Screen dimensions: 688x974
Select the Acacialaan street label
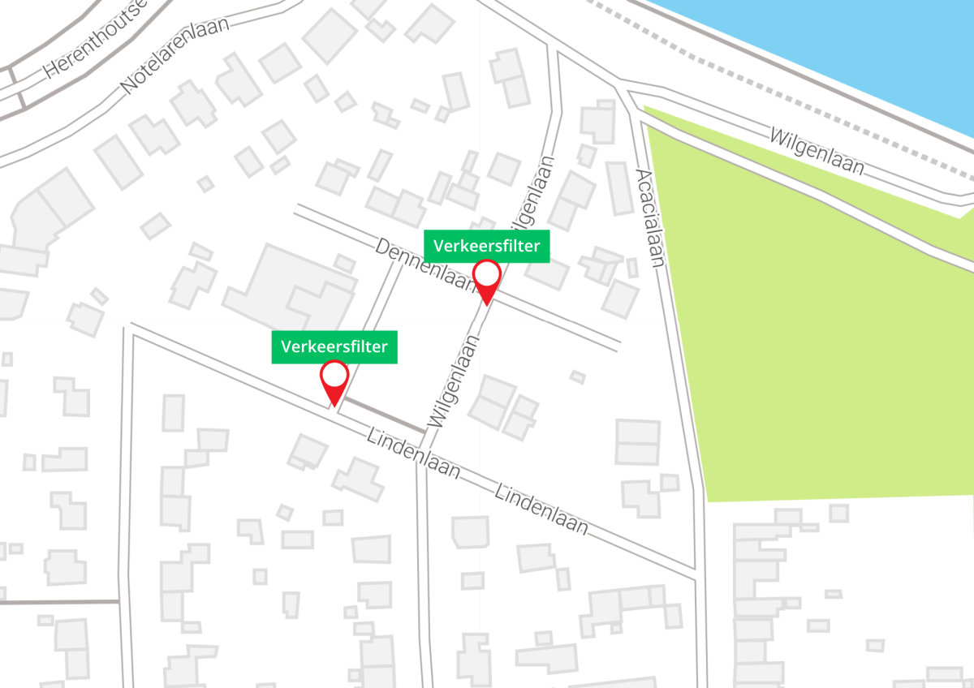click(652, 217)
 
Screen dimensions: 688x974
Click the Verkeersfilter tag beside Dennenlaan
click(486, 246)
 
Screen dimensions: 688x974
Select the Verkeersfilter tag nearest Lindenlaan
click(334, 347)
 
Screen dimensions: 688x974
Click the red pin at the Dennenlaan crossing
click(487, 280)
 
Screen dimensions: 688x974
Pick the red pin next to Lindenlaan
click(334, 381)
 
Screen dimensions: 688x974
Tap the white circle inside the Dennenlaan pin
click(487, 273)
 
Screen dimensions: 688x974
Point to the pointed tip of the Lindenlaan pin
click(333, 406)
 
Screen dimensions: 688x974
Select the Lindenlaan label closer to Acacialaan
click(541, 510)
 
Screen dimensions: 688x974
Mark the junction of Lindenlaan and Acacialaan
click(696, 574)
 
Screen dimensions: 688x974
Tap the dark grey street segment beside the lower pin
click(381, 415)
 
